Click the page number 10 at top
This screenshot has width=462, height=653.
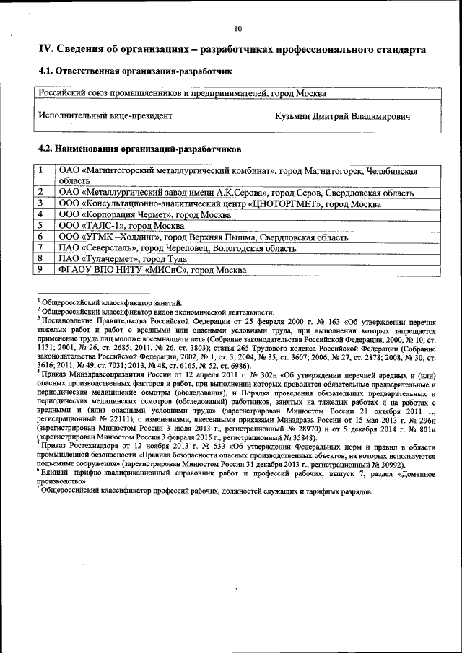[237, 29]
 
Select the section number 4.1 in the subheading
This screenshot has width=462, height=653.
[45, 72]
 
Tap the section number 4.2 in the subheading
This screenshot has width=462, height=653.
[45, 149]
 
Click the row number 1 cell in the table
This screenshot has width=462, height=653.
[42, 172]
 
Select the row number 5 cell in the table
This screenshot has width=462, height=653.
[42, 226]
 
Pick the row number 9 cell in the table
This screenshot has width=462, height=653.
[42, 269]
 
